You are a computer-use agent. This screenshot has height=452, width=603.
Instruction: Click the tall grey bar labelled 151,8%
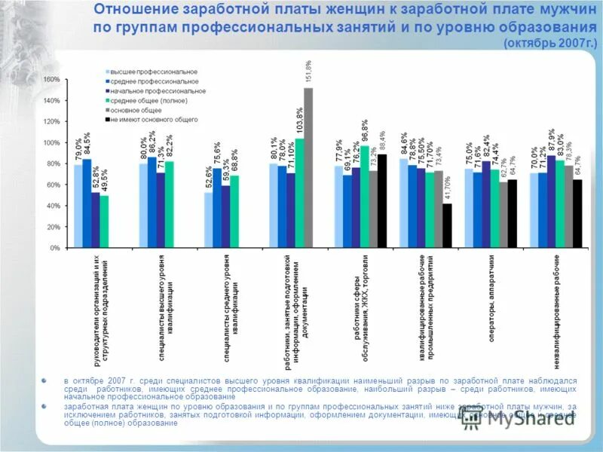308,167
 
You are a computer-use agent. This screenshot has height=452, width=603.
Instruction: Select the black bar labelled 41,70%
447,225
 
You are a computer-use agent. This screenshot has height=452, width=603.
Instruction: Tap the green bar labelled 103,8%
299,193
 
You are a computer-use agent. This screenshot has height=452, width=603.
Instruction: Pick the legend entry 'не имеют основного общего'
155,119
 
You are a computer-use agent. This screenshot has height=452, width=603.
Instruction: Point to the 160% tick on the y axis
52,79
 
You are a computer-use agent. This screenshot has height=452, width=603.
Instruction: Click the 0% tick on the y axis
55,247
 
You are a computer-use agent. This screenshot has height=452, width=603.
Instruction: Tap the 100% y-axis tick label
52,142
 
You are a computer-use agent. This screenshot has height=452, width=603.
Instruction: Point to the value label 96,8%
365,132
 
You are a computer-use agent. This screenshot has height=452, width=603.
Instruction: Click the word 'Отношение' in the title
136,11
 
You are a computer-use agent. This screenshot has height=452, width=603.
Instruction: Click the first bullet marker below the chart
45,380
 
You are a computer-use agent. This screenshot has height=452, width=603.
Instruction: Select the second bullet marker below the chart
45,406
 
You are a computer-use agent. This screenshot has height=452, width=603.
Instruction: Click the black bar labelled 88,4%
382,200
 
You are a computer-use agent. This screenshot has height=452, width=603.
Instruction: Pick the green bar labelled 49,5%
104,221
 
